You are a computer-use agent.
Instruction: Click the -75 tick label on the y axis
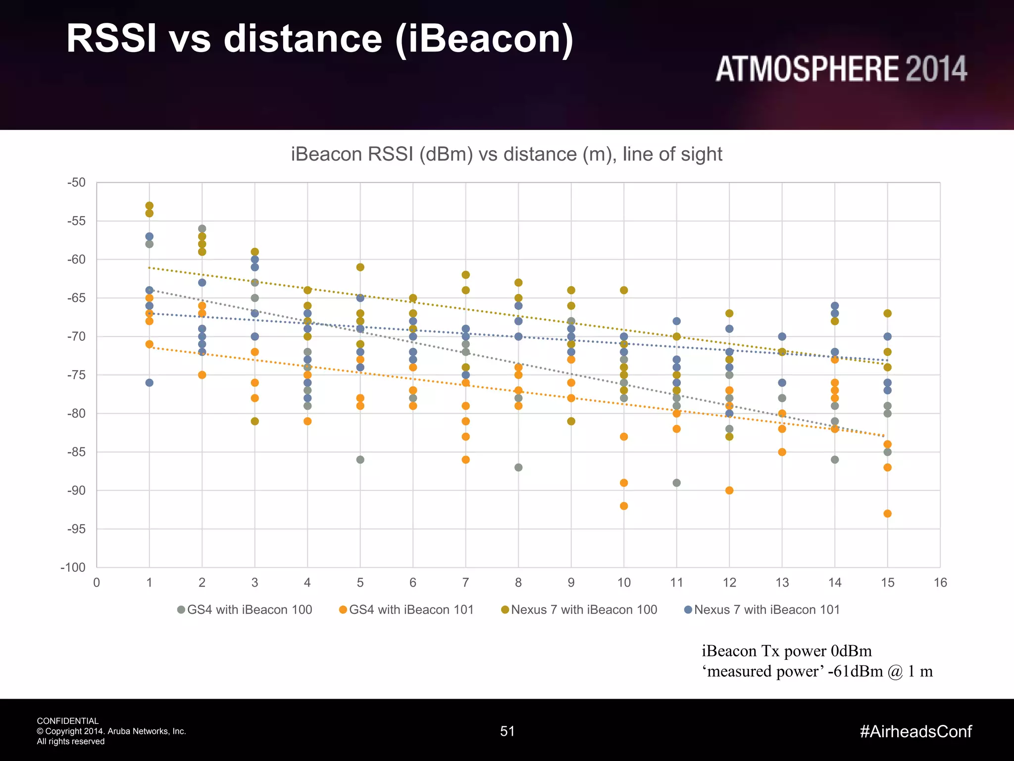coord(76,375)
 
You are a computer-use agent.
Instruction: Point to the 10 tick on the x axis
coord(624,583)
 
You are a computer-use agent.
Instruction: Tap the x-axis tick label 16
coord(940,583)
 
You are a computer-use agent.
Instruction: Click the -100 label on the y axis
coord(73,567)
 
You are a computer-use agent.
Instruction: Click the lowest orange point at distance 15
coord(887,514)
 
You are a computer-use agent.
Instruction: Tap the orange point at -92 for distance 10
coord(624,506)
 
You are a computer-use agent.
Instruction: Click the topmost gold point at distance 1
coord(150,206)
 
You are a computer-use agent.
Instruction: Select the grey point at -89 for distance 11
coord(677,483)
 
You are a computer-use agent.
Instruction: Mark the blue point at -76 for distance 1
coord(150,382)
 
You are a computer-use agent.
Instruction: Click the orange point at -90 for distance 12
coord(729,490)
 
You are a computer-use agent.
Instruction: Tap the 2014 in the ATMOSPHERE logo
coord(936,69)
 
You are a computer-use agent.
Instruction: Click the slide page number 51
coord(507,731)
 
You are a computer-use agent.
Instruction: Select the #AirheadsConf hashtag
coord(915,731)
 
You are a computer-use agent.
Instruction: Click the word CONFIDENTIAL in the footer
coord(68,721)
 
